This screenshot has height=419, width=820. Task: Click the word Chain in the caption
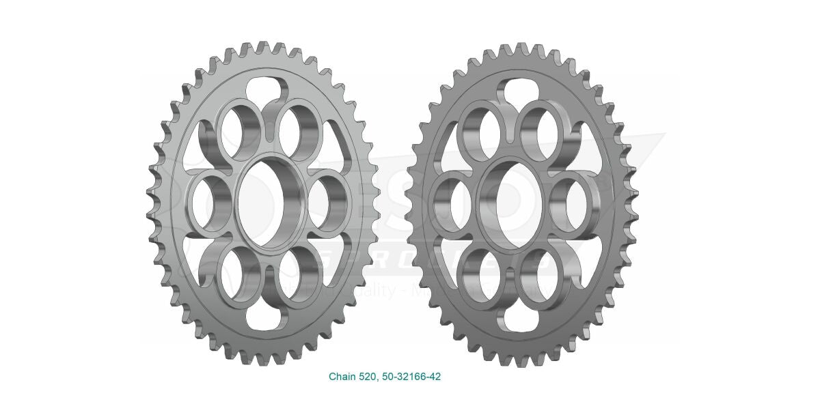342,377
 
